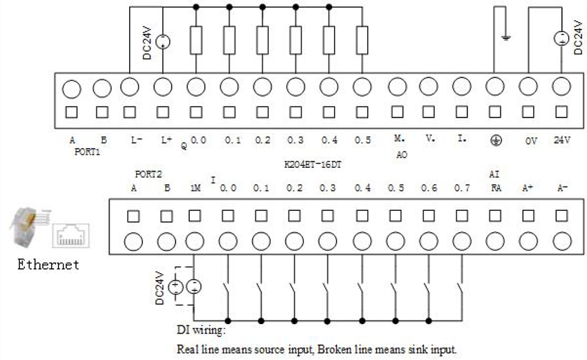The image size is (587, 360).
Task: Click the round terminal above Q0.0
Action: pyautogui.click(x=196, y=87)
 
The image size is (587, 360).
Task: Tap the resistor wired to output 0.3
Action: pyautogui.click(x=296, y=40)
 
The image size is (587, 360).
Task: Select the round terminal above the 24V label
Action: pyautogui.click(x=561, y=86)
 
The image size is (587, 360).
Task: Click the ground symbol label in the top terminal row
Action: pyautogui.click(x=496, y=141)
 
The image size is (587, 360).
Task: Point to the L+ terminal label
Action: pyautogui.click(x=166, y=140)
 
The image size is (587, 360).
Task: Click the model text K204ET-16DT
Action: pyautogui.click(x=313, y=164)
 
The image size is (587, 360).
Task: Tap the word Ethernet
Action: pyautogui.click(x=48, y=265)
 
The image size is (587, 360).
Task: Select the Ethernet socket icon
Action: pyautogui.click(x=70, y=235)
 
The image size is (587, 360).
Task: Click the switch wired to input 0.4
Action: pyautogui.click(x=362, y=290)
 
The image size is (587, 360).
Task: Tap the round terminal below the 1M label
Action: pyautogui.click(x=195, y=241)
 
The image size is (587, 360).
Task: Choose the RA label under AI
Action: pyautogui.click(x=496, y=188)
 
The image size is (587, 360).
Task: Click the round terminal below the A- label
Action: pyautogui.click(x=562, y=241)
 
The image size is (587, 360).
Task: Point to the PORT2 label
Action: pyautogui.click(x=148, y=174)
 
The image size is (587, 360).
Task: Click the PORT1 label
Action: pyautogui.click(x=87, y=152)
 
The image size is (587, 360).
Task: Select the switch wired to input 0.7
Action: pyautogui.click(x=461, y=290)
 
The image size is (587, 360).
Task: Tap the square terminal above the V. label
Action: pyautogui.click(x=429, y=112)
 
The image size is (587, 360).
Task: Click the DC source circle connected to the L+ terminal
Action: pyautogui.click(x=163, y=41)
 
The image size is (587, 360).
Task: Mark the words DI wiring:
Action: pyautogui.click(x=201, y=330)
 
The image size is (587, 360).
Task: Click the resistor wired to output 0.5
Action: pyautogui.click(x=362, y=40)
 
